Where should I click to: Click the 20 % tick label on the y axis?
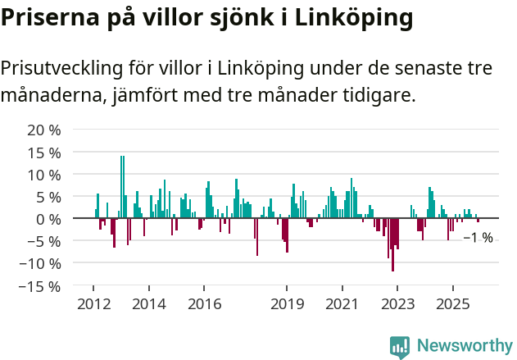(44, 130)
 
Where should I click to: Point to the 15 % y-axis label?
(44, 153)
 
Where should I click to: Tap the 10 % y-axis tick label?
(44, 175)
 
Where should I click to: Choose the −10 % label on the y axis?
(40, 264)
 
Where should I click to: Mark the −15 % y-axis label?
(40, 286)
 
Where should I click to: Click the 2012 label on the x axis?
(93, 304)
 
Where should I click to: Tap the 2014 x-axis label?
(148, 304)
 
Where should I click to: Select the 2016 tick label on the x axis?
(204, 304)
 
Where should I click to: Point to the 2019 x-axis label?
(287, 304)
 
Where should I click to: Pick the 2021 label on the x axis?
(342, 304)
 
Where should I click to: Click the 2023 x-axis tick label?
(397, 304)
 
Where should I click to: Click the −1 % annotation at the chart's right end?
(478, 238)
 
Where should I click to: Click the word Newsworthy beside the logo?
(465, 345)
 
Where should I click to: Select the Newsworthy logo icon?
(400, 347)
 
